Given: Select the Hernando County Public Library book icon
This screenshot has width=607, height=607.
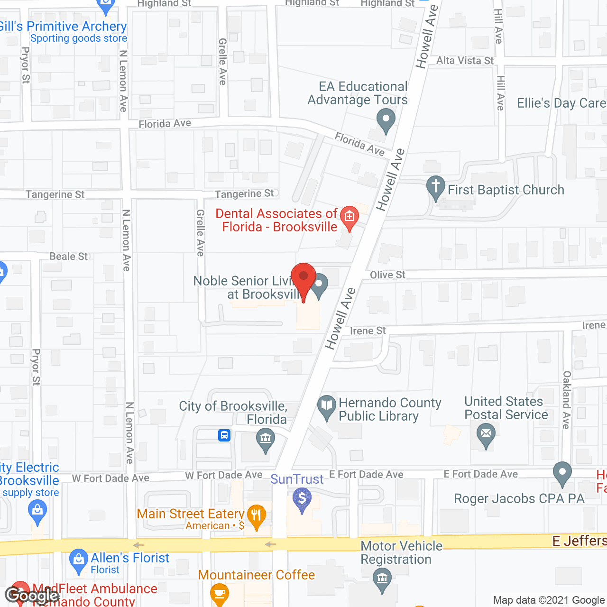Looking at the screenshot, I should tap(326, 406).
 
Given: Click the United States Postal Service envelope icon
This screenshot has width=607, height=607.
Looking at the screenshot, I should tap(486, 434).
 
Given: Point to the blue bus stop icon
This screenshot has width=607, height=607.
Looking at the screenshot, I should tap(224, 435).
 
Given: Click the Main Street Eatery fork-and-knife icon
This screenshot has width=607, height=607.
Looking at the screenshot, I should tap(257, 516).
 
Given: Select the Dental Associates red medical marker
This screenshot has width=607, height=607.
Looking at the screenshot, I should tap(349, 218).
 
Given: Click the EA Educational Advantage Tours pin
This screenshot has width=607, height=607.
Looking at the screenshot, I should tap(386, 119).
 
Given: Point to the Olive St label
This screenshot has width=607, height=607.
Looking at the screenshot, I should tap(387, 275).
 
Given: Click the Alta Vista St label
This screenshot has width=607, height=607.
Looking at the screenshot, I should tap(465, 61).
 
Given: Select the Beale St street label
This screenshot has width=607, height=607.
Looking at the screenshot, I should tap(69, 257).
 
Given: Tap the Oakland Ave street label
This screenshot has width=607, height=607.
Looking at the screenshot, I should tap(566, 400).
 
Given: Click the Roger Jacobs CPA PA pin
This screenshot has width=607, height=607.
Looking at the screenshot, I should tap(562, 473).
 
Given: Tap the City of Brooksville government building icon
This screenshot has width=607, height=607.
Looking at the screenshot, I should tap(265, 439).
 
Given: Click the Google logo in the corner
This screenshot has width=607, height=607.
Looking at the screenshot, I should tap(32, 595).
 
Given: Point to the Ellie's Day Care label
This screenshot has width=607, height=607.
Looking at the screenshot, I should tap(561, 103).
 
